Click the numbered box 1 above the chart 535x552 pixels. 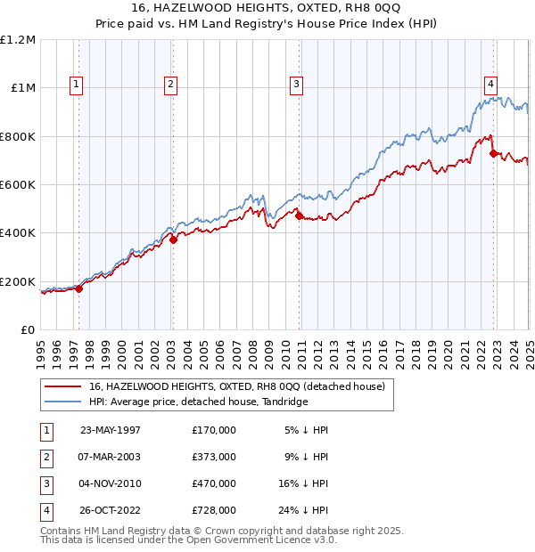coord(77,85)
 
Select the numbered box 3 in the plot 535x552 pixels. coord(296,85)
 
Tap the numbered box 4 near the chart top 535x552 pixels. coord(490,85)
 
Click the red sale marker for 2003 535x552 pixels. coord(174,239)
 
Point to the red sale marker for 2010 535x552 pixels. coord(299,215)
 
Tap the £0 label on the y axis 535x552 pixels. coord(27,330)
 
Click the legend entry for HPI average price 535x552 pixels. coord(198,402)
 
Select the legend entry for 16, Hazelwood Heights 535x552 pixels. coord(236,386)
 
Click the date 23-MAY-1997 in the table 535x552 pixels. coord(111,430)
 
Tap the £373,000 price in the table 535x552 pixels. coord(213,457)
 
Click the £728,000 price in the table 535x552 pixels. coord(213,510)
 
